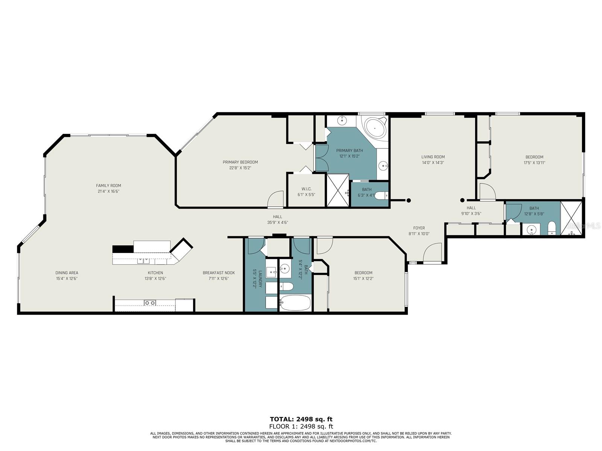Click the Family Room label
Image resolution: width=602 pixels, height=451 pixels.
(x=108, y=186)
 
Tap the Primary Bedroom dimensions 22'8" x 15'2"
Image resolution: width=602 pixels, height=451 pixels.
(x=240, y=168)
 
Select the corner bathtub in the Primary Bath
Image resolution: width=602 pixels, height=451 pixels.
(x=375, y=128)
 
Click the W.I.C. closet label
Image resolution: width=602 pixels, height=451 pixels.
(x=306, y=189)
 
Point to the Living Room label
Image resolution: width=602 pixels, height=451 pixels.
(x=433, y=157)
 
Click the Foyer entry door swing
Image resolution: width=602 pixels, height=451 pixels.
(x=433, y=253)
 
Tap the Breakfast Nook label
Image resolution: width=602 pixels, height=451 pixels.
(x=219, y=273)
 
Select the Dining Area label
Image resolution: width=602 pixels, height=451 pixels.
(x=67, y=273)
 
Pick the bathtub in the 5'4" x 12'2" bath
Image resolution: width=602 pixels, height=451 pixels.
(x=295, y=302)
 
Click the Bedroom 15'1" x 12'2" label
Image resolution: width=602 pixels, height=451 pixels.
(x=363, y=273)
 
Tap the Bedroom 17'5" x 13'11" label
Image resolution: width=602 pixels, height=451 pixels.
(x=534, y=157)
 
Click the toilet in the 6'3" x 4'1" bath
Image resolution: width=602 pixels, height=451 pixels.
(x=381, y=195)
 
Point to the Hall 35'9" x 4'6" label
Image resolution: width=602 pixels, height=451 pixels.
(x=277, y=217)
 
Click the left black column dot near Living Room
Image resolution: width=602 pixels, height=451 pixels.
(x=409, y=201)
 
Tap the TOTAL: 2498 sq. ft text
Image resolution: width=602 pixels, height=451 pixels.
(x=301, y=419)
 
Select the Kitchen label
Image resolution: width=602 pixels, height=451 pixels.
(x=155, y=273)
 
